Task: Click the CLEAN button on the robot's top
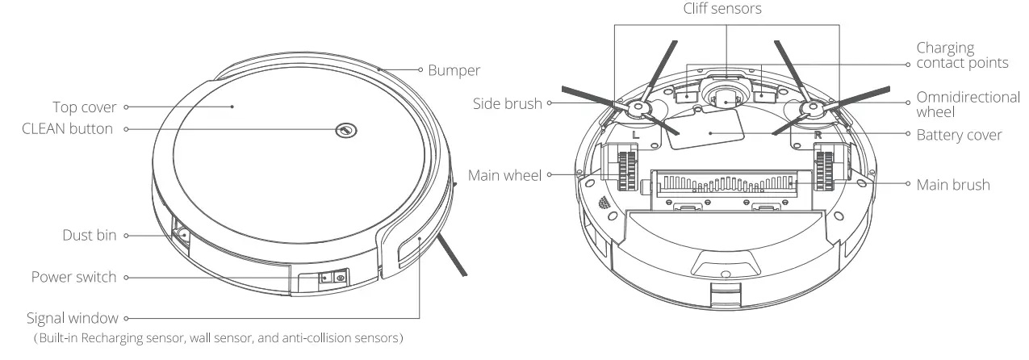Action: point(345,129)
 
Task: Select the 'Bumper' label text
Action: point(455,71)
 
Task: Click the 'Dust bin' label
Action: point(90,235)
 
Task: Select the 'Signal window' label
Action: point(72,319)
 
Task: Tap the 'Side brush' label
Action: point(508,103)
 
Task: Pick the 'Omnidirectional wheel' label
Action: point(968,103)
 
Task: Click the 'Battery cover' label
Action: point(959,135)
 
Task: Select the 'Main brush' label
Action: point(952,184)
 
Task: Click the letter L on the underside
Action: point(636,136)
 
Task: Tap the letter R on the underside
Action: point(818,136)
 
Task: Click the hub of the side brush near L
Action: point(637,107)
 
